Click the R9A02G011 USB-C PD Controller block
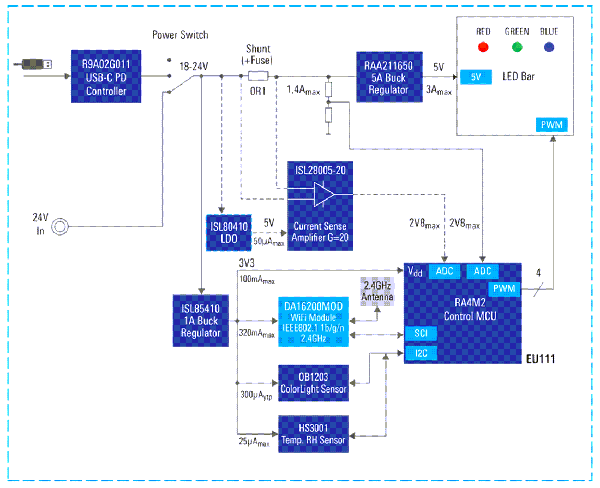coord(106,76)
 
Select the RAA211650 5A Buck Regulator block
coord(388,76)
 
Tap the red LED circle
coord(483,47)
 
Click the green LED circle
coord(517,47)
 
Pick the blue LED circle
coord(549,47)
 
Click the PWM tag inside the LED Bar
coord(551,125)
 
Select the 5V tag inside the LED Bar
coord(476,77)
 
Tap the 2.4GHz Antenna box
coord(377,291)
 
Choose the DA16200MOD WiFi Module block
coord(313,322)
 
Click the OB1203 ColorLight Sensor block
coord(313,383)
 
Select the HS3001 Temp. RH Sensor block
coord(313,434)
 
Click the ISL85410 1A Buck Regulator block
coord(200,321)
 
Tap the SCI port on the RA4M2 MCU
coord(421,333)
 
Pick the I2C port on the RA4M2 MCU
coord(421,353)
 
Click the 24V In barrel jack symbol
coord(60,226)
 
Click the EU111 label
coord(540,360)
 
